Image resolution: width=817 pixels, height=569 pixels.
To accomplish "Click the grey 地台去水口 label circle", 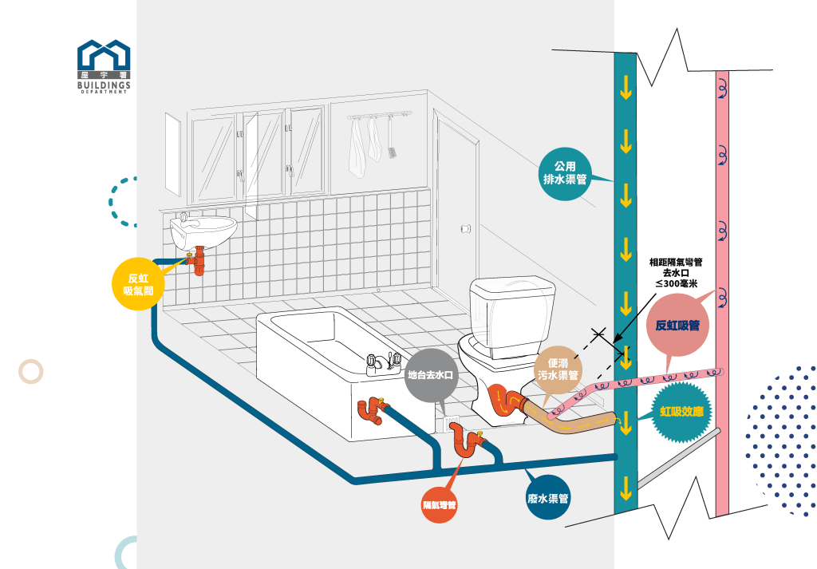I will coord(431,374).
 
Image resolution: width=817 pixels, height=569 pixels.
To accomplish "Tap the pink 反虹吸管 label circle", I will coord(677,325).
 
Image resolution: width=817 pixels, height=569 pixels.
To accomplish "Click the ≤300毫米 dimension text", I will coord(676,283).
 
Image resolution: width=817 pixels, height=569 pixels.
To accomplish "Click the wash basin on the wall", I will coord(203,231).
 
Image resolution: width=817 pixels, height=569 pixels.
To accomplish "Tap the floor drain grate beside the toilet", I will coord(452,417).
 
